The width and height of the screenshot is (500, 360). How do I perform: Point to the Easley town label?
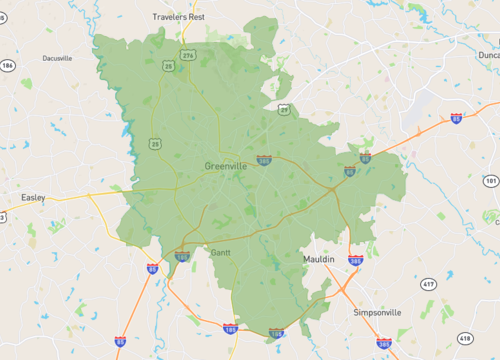tap(33, 198)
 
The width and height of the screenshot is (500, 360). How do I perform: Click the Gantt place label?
tap(221, 253)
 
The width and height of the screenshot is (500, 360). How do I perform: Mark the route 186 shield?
tap(8, 66)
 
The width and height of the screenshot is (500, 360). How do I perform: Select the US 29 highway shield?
tap(284, 109)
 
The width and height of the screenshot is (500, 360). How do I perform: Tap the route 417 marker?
tap(428, 285)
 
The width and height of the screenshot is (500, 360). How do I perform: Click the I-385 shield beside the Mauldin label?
tap(356, 261)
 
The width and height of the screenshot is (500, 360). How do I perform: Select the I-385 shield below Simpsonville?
tap(385, 345)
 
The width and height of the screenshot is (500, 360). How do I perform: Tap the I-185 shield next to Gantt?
tap(182, 257)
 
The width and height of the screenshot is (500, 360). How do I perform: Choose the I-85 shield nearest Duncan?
tap(456, 118)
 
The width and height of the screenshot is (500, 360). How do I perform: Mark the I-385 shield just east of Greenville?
tap(264, 159)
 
